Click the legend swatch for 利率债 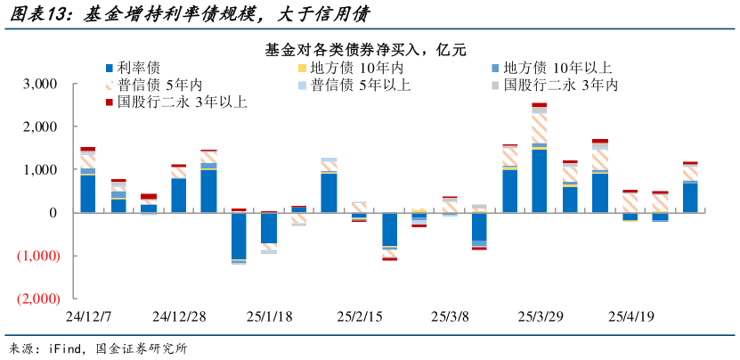tap(109, 68)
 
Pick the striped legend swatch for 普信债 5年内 tap(109, 86)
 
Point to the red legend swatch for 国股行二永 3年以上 tap(109, 102)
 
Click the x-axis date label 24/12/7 tap(87, 316)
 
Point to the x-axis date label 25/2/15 tap(359, 316)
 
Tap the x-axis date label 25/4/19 tap(631, 316)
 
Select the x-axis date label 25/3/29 tap(541, 316)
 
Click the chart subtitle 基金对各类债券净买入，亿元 tap(365, 49)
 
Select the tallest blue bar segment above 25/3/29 tap(540, 180)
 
